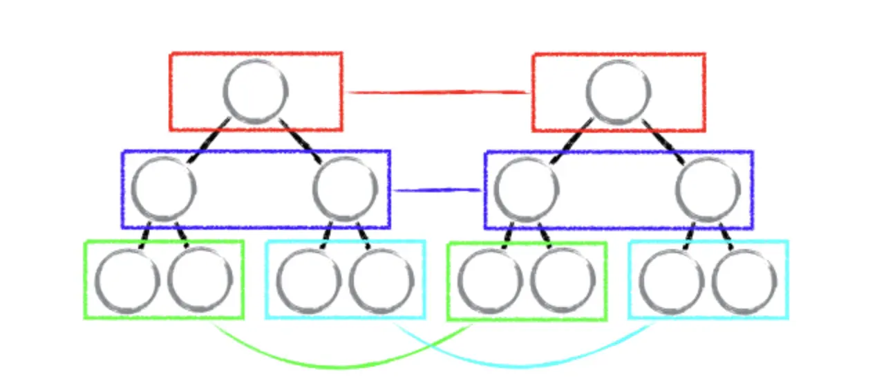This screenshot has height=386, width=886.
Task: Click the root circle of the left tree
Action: click(256, 91)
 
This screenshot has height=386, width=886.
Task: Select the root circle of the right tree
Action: click(619, 91)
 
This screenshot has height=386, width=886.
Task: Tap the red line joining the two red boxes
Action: click(437, 91)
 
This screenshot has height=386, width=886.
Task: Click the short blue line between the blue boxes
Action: click(437, 190)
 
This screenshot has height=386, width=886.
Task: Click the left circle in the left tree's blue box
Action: click(164, 189)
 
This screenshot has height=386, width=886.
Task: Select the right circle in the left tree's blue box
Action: click(346, 189)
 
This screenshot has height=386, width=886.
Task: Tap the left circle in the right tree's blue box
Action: click(527, 189)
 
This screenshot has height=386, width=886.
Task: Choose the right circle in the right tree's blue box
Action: click(708, 189)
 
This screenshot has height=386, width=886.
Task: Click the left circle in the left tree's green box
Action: click(128, 281)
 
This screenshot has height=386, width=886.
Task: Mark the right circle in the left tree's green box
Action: click(200, 281)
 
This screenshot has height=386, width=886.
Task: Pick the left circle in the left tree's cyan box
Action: click(309, 281)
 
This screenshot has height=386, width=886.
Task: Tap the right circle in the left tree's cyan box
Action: click(381, 281)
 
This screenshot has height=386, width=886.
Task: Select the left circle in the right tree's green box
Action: click(490, 281)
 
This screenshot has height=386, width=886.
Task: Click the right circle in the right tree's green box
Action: click(563, 281)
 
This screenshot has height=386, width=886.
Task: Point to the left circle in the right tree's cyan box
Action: click(672, 281)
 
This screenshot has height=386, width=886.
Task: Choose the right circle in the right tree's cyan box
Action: click(744, 281)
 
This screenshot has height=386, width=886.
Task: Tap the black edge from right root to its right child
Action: click(663, 142)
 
